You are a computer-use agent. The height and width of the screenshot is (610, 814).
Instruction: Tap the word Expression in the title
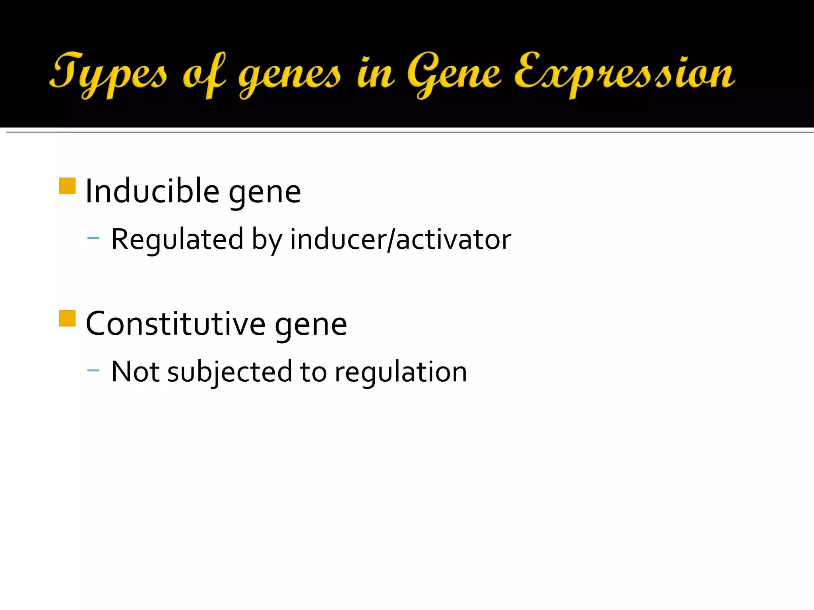click(x=624, y=73)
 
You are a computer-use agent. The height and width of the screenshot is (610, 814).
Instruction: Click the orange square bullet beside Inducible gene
click(x=67, y=186)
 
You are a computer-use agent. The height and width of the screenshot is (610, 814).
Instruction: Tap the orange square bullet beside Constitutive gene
click(x=67, y=318)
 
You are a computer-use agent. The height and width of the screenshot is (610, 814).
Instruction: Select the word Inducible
click(x=152, y=191)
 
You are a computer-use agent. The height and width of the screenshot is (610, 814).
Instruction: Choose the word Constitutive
click(x=175, y=324)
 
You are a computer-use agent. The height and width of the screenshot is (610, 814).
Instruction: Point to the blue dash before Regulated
click(x=93, y=238)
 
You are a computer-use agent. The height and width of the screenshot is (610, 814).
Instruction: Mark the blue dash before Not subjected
click(x=93, y=371)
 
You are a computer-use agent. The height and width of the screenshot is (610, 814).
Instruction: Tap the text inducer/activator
click(x=400, y=239)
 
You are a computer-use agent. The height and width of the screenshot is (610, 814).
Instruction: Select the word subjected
click(x=230, y=373)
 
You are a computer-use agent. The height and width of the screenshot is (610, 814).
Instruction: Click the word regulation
click(x=401, y=373)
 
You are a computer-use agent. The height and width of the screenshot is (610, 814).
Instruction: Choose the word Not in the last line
click(x=135, y=372)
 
